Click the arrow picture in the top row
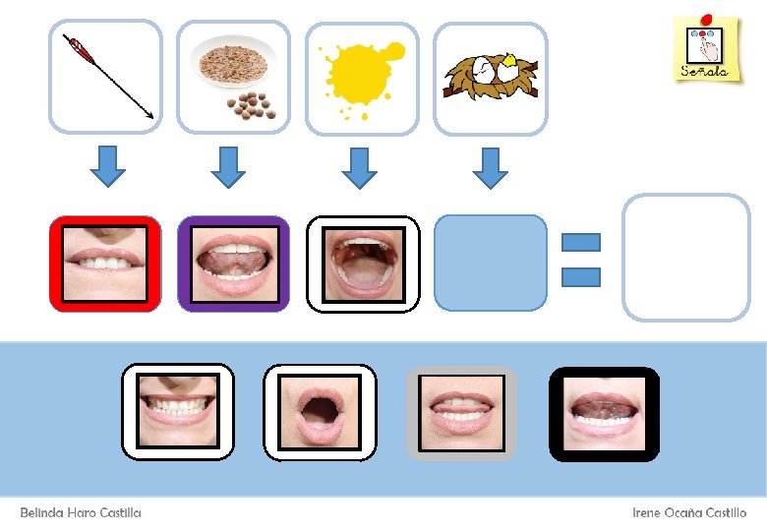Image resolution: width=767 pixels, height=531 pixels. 105,77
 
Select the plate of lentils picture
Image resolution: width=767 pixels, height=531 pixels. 234,77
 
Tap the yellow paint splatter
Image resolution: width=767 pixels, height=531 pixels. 363,77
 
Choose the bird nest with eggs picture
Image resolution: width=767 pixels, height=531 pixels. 491,77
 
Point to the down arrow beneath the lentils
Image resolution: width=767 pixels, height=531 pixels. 229,166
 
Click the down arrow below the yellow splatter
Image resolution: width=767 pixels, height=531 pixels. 360,166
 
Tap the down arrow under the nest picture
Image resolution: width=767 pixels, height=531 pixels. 489,166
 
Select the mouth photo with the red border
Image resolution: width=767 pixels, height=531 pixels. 105,264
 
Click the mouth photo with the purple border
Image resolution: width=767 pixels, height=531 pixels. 233,264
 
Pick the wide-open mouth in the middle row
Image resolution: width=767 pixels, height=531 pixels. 363,264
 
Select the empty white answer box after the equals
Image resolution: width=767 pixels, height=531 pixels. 686,258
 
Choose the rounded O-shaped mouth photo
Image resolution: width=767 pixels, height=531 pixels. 320,412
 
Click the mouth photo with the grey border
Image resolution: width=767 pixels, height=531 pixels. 461,412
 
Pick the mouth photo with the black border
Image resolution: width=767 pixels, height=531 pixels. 604,412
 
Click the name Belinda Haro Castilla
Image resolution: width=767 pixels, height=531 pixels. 81,513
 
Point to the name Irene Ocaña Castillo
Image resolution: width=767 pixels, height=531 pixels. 688,513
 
